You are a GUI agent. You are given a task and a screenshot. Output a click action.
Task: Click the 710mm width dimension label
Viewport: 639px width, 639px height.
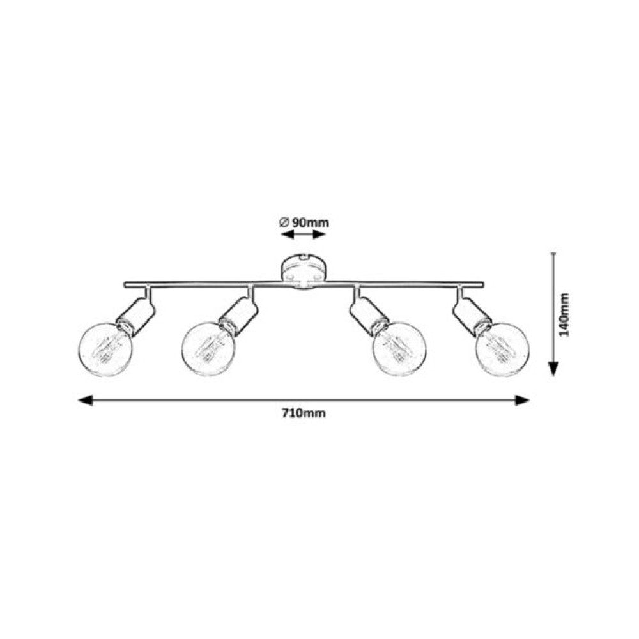304,413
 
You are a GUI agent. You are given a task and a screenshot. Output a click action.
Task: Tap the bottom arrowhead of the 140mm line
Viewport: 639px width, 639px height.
553,369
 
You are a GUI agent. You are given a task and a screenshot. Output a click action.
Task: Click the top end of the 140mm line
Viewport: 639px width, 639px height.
553,254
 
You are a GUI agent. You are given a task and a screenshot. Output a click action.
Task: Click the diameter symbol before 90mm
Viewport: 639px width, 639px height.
284,222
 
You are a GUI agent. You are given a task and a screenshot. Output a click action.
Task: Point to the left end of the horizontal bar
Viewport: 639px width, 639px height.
126,284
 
